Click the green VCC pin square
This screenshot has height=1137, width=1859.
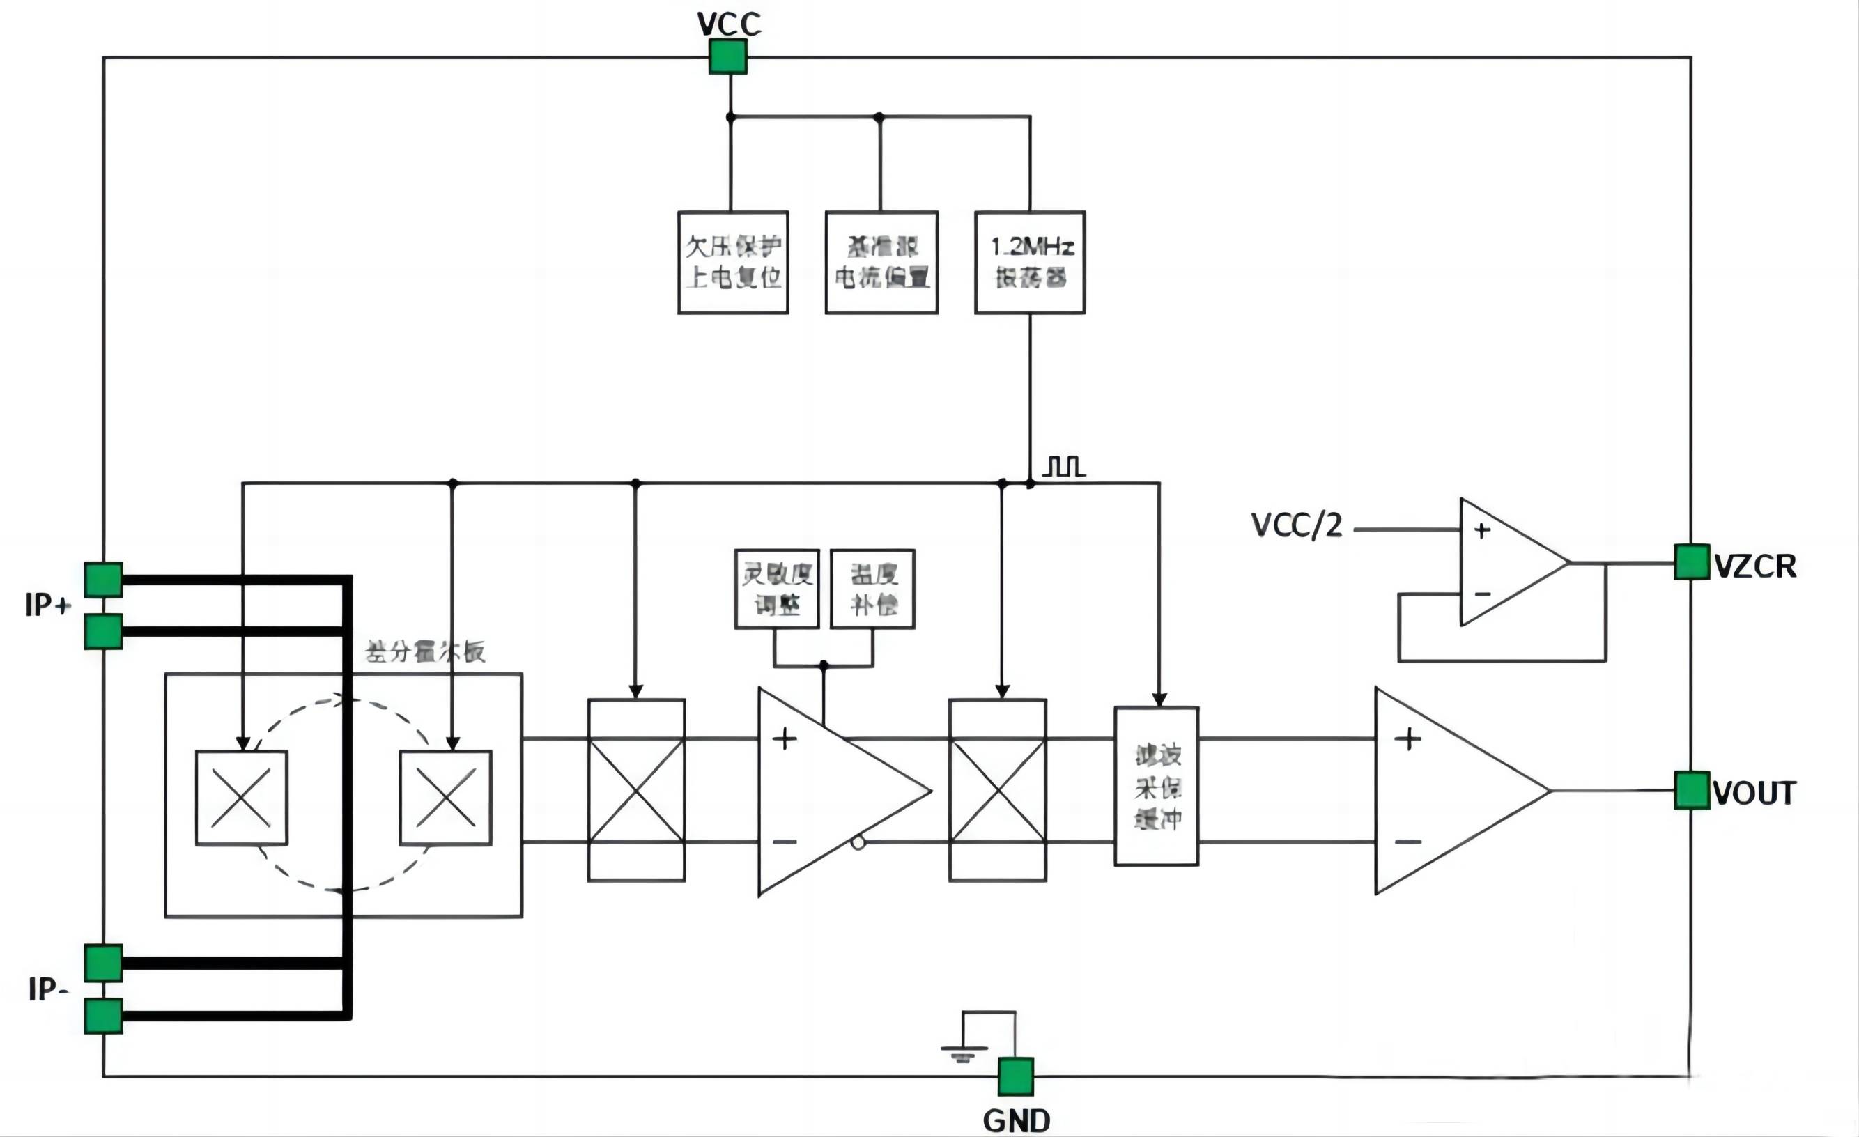click(728, 56)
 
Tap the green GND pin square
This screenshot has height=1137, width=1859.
click(1015, 1076)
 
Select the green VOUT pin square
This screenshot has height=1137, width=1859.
click(1692, 790)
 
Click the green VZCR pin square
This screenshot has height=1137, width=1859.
click(1692, 562)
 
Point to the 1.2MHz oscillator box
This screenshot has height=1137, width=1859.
click(1030, 262)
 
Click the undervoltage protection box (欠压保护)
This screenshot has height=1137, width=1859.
click(732, 262)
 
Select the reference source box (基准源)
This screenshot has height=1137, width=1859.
click(881, 262)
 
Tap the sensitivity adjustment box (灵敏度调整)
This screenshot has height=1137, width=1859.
click(776, 589)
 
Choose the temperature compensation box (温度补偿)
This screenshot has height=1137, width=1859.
click(873, 589)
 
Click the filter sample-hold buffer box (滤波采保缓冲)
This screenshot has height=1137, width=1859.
click(1157, 785)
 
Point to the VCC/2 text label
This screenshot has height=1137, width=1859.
click(1296, 526)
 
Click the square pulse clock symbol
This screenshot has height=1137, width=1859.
click(1065, 466)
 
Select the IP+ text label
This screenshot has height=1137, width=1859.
click(47, 605)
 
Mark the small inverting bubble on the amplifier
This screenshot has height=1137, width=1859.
click(858, 843)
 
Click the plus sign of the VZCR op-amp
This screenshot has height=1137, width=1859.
click(1482, 530)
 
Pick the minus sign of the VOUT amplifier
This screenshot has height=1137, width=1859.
click(1407, 841)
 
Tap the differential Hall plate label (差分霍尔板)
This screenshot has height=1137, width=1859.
click(425, 652)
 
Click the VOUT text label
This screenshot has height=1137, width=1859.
click(1754, 794)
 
